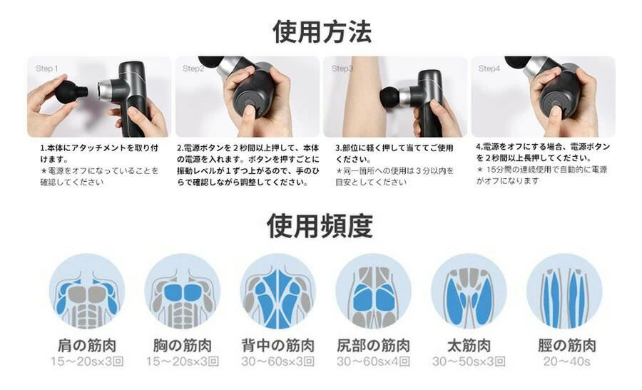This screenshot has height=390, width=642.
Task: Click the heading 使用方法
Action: click(x=322, y=32)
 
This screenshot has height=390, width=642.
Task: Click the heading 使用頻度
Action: click(x=320, y=226)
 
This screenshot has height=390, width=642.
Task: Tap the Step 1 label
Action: click(x=46, y=68)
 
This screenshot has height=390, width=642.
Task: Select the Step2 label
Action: click(x=193, y=68)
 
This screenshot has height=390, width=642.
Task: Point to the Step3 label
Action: click(x=342, y=68)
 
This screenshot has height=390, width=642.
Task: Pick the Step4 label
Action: click(x=489, y=68)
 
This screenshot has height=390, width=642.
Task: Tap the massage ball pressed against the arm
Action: click(x=390, y=97)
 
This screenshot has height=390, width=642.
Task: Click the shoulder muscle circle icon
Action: click(x=87, y=291)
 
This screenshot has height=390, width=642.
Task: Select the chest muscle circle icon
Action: click(x=182, y=291)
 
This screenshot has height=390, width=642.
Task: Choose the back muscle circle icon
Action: click(x=277, y=291)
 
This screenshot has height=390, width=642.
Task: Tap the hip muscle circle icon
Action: click(x=373, y=291)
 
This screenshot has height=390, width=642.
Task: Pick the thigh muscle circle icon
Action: click(x=469, y=291)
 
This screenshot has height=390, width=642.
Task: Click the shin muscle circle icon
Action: click(x=564, y=291)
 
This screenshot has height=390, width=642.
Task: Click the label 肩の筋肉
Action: click(x=87, y=345)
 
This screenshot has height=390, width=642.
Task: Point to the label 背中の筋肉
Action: click(x=278, y=345)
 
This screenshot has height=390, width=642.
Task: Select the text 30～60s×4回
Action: click(x=373, y=361)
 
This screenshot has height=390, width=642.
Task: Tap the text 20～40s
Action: click(x=567, y=361)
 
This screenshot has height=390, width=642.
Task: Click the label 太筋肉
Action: click(x=469, y=345)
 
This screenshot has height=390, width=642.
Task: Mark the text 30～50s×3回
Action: click(x=469, y=361)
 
